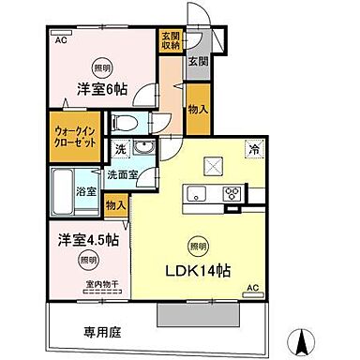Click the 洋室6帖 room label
tap(103, 91)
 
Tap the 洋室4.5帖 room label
tap(85, 240)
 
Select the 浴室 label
tap(83, 191)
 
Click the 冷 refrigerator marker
tap(254, 148)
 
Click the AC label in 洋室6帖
tap(61, 41)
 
